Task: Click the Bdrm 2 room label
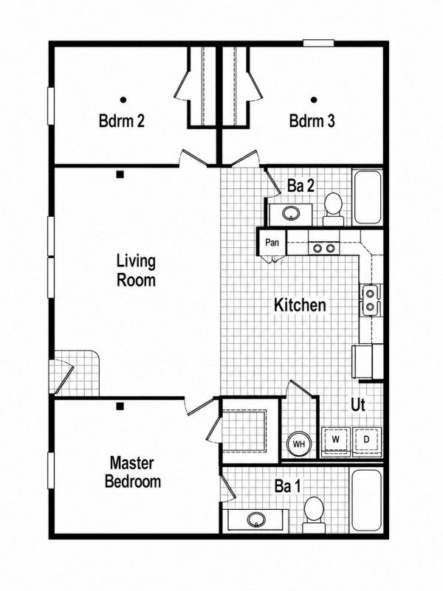pyautogui.click(x=121, y=121)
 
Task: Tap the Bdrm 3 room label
pyautogui.click(x=312, y=121)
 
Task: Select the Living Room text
pyautogui.click(x=136, y=271)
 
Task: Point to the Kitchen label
pyautogui.click(x=300, y=305)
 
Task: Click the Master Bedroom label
pyautogui.click(x=133, y=472)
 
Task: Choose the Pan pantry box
pyautogui.click(x=272, y=242)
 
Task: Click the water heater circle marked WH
pyautogui.click(x=299, y=443)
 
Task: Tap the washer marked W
pyautogui.click(x=335, y=440)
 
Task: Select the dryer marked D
pyautogui.click(x=366, y=440)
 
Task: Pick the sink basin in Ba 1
pyautogui.click(x=256, y=520)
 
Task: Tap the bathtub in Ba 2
pyautogui.click(x=367, y=197)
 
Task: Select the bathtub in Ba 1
pyautogui.click(x=367, y=500)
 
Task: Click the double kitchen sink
pyautogui.click(x=370, y=300)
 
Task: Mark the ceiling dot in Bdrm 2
pyautogui.click(x=123, y=100)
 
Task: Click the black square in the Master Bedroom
pyautogui.click(x=120, y=406)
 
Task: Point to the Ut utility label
pyautogui.click(x=358, y=404)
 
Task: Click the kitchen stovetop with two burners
pyautogui.click(x=324, y=248)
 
